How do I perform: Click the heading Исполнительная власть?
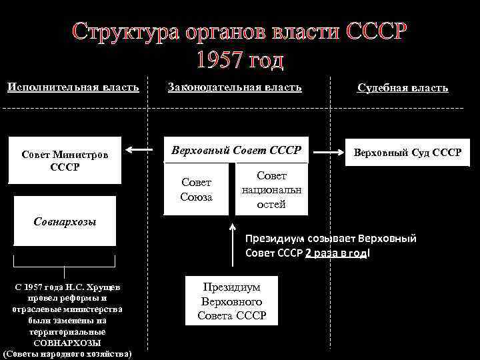click(x=73, y=87)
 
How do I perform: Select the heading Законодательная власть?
click(x=235, y=87)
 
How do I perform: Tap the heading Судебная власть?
click(x=403, y=87)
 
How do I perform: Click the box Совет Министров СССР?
click(x=64, y=161)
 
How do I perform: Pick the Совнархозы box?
click(x=65, y=220)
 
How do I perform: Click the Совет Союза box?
click(x=196, y=189)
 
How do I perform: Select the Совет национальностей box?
click(x=271, y=189)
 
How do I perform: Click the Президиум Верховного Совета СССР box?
click(x=231, y=301)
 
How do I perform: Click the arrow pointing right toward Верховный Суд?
click(x=328, y=152)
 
